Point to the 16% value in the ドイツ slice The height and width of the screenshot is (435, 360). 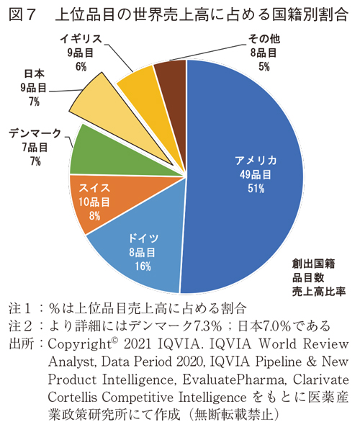click(x=142, y=267)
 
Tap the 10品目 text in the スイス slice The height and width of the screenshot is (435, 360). click(x=95, y=202)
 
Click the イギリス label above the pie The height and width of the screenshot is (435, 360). click(x=81, y=38)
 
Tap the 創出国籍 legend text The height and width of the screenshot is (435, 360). click(x=314, y=263)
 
